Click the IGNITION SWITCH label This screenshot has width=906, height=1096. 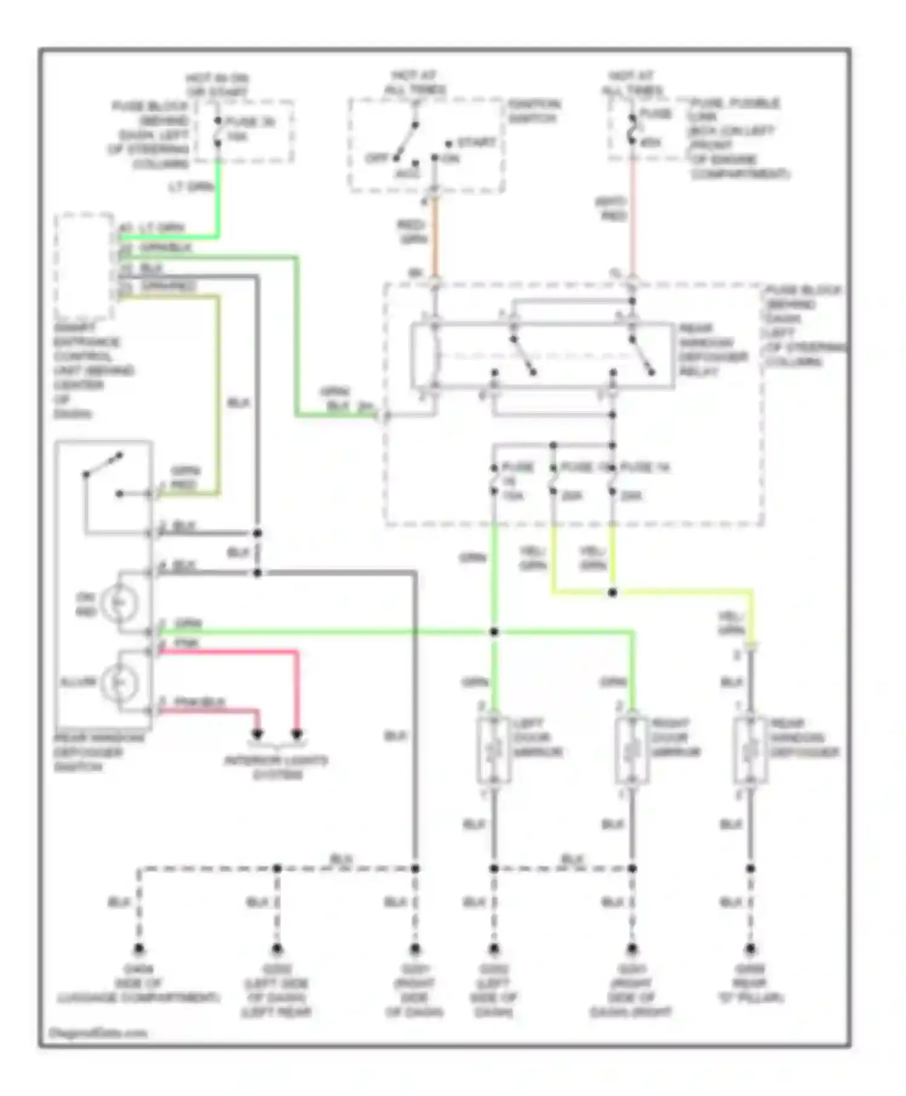coord(534,111)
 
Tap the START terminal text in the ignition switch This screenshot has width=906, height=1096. coord(476,143)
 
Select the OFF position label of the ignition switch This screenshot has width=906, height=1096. coord(376,158)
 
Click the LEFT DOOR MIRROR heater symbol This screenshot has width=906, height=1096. coord(494,750)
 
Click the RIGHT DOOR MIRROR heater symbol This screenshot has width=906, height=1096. coord(632,750)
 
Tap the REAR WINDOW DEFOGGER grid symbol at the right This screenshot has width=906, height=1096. coord(750,750)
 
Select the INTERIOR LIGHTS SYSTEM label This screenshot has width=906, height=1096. coord(276,767)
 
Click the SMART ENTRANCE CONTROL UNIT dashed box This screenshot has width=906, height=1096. coord(85,266)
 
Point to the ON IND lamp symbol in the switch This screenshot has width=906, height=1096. coord(119,602)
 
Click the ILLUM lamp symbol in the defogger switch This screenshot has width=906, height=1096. coord(119,682)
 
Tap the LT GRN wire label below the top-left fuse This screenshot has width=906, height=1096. coord(191,187)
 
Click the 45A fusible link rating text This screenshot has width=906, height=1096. coord(650,143)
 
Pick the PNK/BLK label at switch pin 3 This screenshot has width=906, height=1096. coord(199,702)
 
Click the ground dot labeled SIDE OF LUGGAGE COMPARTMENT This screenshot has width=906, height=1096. coord(138,949)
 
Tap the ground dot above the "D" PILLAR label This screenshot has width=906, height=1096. coord(750,949)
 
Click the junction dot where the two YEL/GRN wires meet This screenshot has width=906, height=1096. coord(612,593)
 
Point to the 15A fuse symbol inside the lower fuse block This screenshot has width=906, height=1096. coord(494,482)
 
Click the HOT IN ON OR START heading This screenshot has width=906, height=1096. coord(217,85)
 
